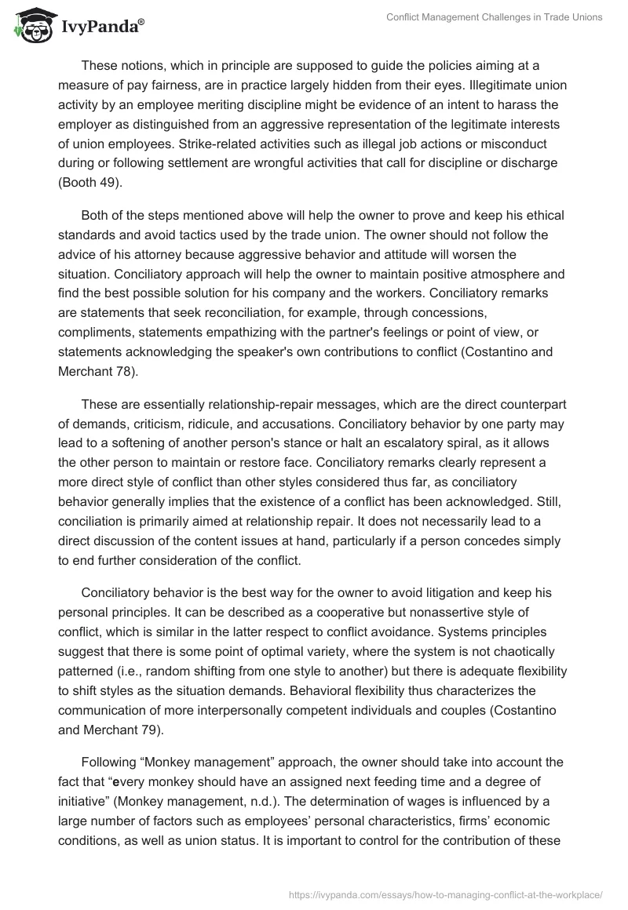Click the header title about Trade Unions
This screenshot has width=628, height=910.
[x=495, y=18]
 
